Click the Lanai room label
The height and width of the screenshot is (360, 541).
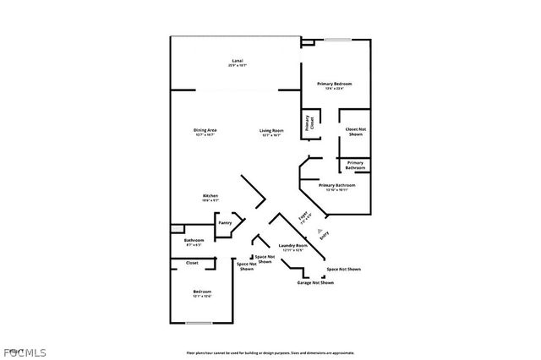click(x=238, y=62)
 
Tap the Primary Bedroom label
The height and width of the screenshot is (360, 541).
click(x=334, y=85)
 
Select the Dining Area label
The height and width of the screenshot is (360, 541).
click(x=205, y=131)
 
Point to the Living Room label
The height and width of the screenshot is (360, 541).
click(x=271, y=131)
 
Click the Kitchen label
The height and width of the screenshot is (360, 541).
click(x=210, y=197)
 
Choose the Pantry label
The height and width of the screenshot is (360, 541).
click(x=225, y=222)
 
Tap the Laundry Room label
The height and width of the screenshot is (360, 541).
click(x=292, y=247)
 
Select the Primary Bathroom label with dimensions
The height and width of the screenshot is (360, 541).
click(x=336, y=187)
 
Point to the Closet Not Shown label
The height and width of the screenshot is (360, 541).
click(x=355, y=132)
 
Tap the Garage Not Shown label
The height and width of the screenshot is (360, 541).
click(x=314, y=282)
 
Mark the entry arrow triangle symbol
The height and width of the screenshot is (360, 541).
click(x=319, y=230)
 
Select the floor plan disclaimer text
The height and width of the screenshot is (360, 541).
click(x=270, y=353)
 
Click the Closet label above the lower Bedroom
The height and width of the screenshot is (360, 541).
click(x=193, y=263)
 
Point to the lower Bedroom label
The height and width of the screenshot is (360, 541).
click(x=201, y=294)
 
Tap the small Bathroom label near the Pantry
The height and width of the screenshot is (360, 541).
click(x=194, y=243)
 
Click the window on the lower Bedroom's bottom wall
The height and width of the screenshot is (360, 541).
click(x=199, y=323)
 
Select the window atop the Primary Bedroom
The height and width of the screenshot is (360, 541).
click(x=340, y=40)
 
